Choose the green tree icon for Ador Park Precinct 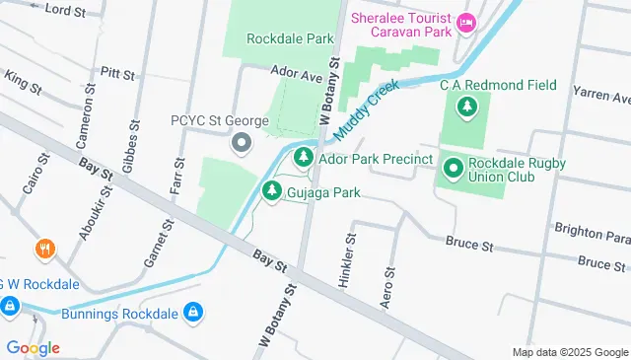303,158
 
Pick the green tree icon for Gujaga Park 270,191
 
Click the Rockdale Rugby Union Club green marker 453,170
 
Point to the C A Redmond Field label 498,86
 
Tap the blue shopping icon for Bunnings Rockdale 192,314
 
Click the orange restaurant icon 43,250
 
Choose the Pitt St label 116,74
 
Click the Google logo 33,348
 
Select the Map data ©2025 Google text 570,352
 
